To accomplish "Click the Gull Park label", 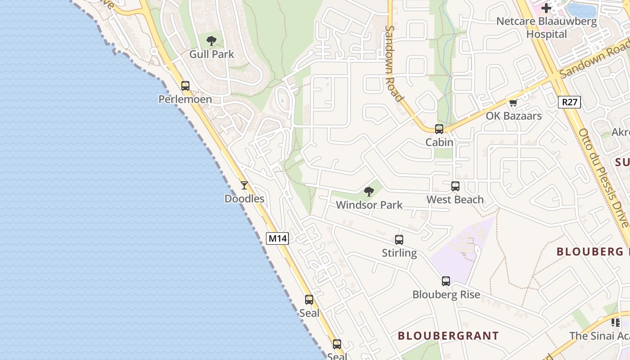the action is point(211,54).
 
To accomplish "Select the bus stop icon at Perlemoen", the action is point(185,86).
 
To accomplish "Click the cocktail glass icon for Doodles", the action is point(244,185).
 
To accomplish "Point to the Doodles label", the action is point(244,199).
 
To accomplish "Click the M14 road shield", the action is point(277,238).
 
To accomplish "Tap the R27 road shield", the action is point(569,102).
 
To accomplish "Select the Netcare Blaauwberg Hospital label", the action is point(546,27).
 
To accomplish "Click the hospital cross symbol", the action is point(546,8).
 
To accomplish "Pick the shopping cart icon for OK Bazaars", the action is point(513,103).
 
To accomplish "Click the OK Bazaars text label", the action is point(513,116).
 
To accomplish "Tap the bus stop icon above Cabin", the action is point(439,129).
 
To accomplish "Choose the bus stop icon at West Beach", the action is point(455,186).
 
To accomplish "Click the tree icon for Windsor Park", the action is point(369,192).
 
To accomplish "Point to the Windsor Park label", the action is point(369,205).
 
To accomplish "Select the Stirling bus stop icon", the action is point(399,240).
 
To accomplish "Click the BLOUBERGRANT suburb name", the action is point(448,336).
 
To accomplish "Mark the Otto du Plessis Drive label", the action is point(603,178).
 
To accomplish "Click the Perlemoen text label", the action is point(185,99).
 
